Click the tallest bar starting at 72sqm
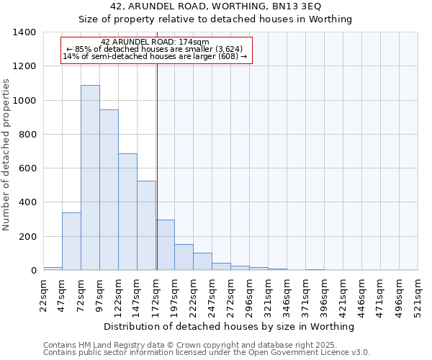(90, 177)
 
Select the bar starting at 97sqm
(109, 189)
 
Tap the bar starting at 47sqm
(71, 241)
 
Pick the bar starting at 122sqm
(127, 212)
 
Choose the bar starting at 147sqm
(146, 225)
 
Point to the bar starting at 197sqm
(184, 257)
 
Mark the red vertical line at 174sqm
(157, 166)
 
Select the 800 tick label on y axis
(27, 135)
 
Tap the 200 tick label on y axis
(27, 237)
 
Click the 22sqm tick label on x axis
(43, 295)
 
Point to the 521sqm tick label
(418, 295)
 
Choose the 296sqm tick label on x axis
(249, 295)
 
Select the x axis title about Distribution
(229, 327)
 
